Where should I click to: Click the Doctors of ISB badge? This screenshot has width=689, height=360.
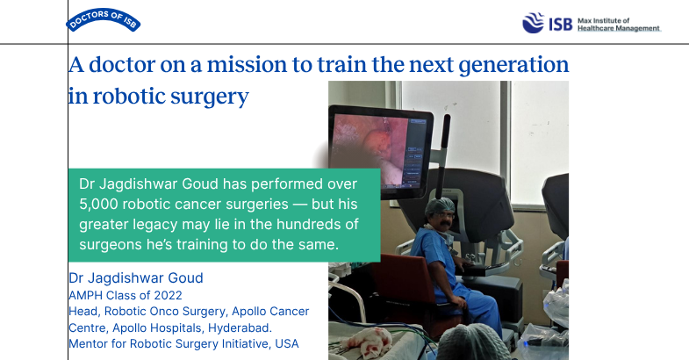104,20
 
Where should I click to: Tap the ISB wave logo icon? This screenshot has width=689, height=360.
533,23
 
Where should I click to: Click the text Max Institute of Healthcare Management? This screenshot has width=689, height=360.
619,25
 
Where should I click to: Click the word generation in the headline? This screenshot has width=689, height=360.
513,66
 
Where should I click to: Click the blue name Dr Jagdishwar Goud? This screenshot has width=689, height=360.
136,278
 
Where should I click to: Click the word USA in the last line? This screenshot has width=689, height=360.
287,343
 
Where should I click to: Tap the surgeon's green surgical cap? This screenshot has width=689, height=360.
440,205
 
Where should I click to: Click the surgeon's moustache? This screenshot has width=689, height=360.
445,224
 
